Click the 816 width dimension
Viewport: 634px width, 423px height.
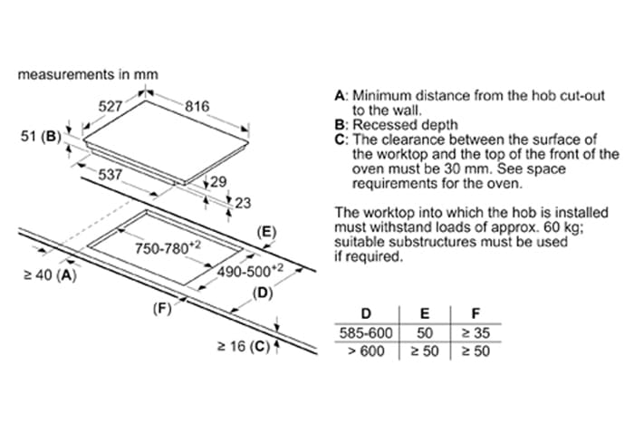[x=197, y=107]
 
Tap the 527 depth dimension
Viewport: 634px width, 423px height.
[x=110, y=107]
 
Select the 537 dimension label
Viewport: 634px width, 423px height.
[x=110, y=172]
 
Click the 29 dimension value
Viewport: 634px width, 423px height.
[x=217, y=182]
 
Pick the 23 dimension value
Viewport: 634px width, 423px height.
[x=242, y=203]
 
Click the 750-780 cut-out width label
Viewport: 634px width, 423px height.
[x=168, y=247]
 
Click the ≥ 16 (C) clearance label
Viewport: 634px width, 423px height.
[x=243, y=345]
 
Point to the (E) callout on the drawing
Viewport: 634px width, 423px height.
[x=265, y=233]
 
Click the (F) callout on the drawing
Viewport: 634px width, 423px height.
[x=161, y=308]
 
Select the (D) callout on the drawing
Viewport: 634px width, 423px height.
[x=263, y=293]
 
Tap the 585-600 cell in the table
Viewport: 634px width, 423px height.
[x=366, y=332]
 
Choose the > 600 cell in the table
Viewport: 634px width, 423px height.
[x=366, y=351]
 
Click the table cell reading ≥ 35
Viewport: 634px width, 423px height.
[x=475, y=332]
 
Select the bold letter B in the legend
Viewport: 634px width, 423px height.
[x=340, y=124]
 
